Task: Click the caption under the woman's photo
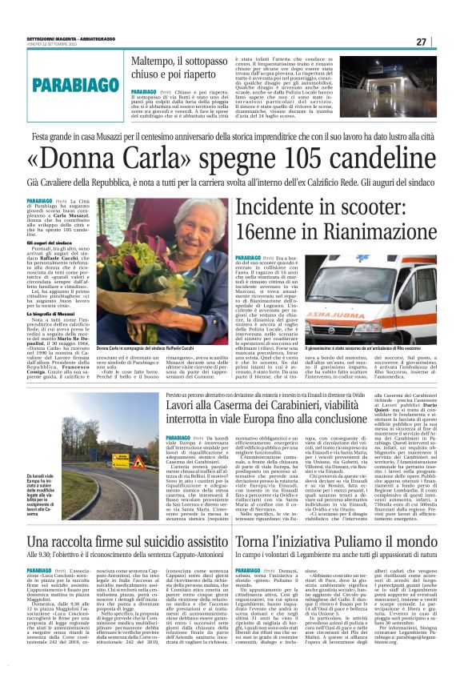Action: click(149, 349)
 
